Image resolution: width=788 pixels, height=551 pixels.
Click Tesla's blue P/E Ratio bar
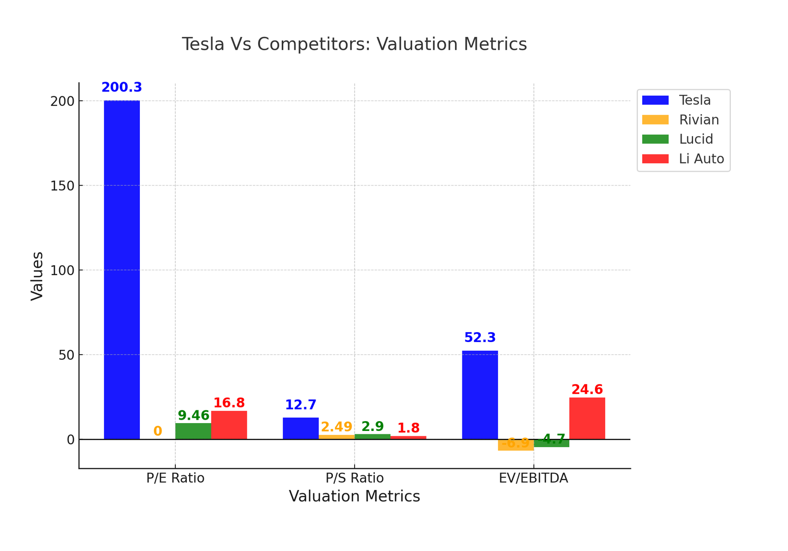[122, 270]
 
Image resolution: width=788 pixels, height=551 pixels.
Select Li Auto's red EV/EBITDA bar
[587, 418]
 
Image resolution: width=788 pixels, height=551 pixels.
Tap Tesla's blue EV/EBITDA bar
[480, 395]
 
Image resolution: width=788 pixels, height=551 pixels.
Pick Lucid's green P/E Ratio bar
[193, 431]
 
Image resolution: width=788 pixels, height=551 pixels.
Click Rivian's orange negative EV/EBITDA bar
[516, 445]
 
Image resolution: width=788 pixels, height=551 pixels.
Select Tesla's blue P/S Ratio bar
[300, 428]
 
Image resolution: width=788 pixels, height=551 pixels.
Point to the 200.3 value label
[122, 88]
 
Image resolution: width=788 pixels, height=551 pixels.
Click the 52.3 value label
[480, 338]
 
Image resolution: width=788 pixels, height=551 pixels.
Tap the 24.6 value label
[587, 390]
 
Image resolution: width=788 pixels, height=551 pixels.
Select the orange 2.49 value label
[336, 427]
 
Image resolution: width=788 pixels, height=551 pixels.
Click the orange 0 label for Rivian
[158, 431]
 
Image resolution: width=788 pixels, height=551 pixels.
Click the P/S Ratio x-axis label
[355, 478]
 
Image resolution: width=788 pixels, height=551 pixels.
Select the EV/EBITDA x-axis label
[533, 478]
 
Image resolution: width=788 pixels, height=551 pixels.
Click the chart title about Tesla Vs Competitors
[354, 44]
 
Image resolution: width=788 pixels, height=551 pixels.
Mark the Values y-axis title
[37, 276]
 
